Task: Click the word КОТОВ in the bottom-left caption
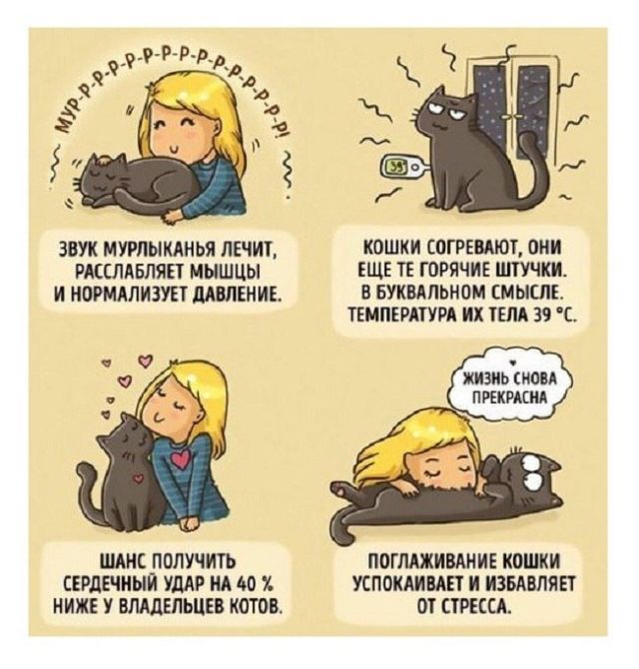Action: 258,602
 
